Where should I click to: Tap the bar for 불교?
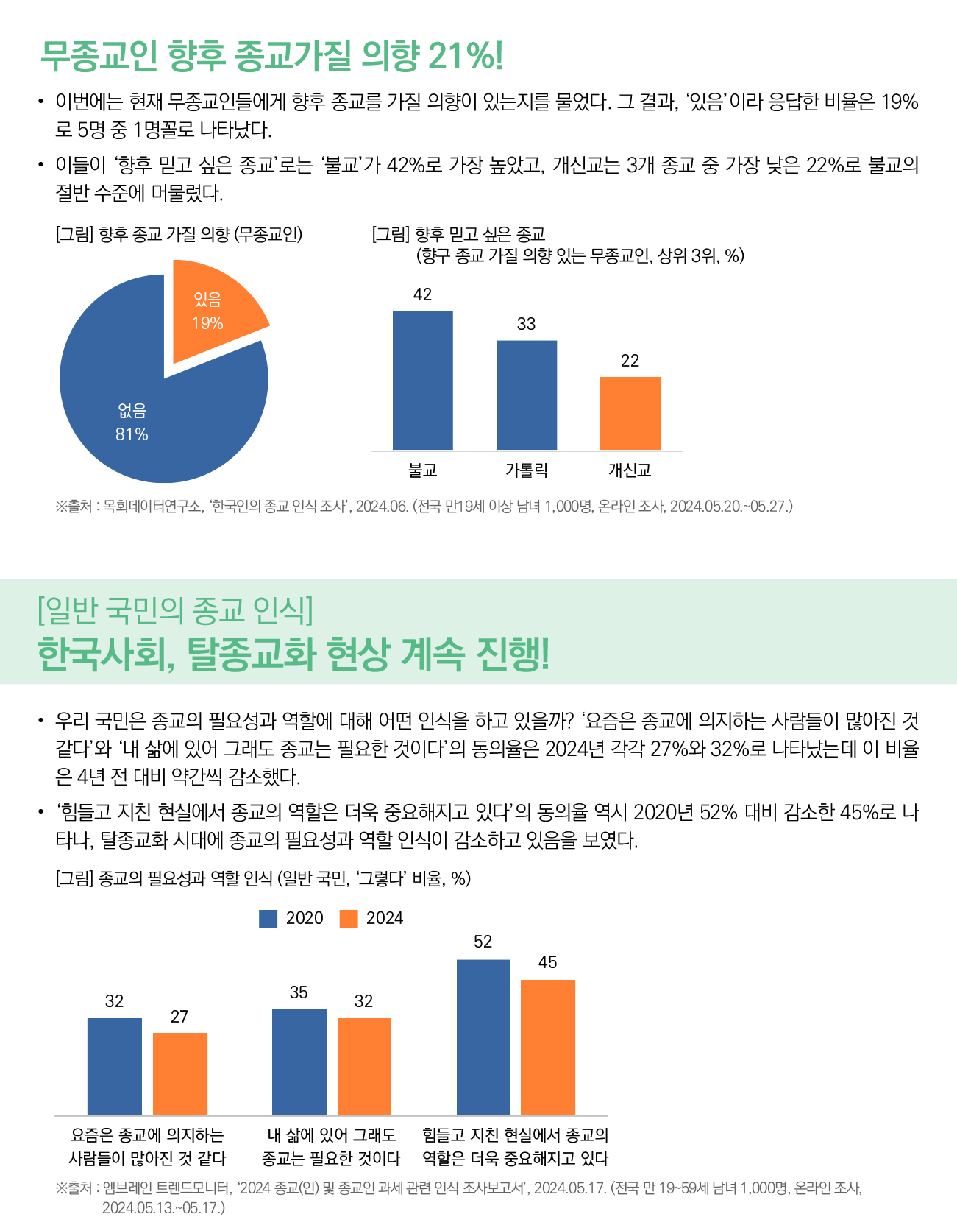point(423,381)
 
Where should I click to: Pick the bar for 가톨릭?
point(527,395)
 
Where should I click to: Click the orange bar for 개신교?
point(630,413)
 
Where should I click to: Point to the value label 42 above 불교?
point(423,294)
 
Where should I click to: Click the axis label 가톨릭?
point(527,470)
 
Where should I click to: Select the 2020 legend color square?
point(268,919)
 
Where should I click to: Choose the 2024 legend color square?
point(349,919)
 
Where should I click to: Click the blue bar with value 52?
point(483,1037)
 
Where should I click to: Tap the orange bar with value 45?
point(548,1047)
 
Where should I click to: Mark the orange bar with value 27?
point(180,1073)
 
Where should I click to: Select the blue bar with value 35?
point(299,1062)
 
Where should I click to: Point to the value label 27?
point(179,1017)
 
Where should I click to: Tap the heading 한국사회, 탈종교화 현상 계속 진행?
point(293,653)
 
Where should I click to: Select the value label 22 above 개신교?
point(630,361)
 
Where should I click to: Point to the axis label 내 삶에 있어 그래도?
point(331,1135)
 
